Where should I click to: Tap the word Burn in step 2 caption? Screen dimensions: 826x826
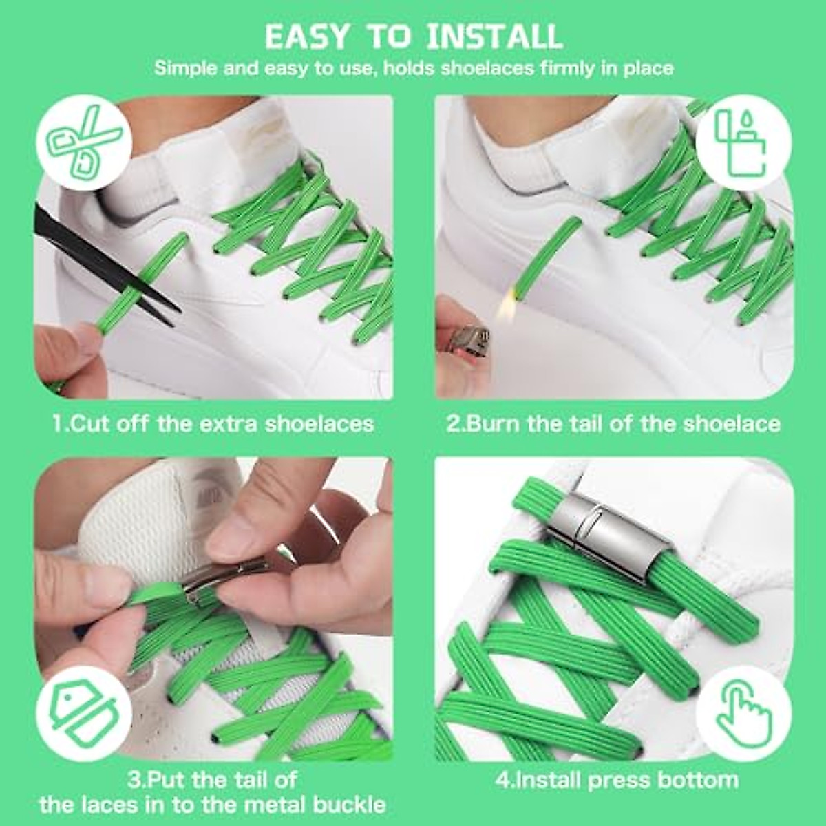[495, 423]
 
